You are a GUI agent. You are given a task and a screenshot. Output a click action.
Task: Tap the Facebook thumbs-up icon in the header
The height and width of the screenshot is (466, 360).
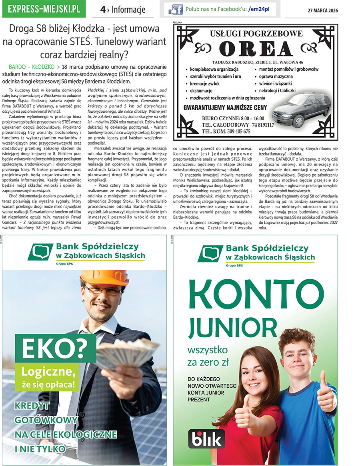pyautogui.click(x=175, y=9)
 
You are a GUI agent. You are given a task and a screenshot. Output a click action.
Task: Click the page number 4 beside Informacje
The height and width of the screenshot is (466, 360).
pyautogui.click(x=103, y=9)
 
